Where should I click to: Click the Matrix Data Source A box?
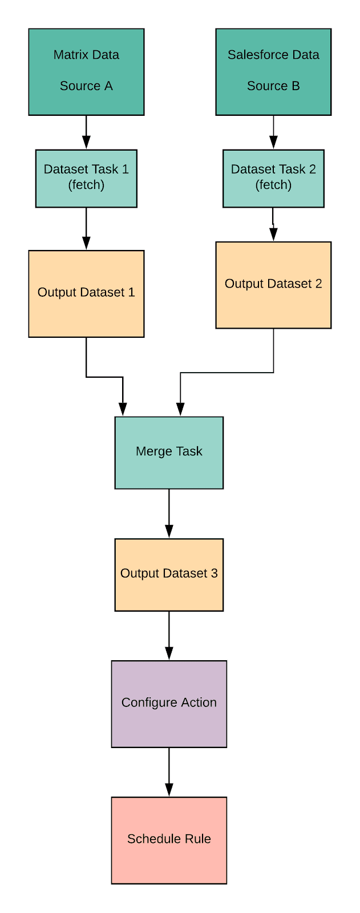pyautogui.click(x=86, y=72)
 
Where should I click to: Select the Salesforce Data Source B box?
pyautogui.click(x=273, y=72)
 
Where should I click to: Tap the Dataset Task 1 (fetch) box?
pyautogui.click(x=86, y=178)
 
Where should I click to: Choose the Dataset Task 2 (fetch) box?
pyautogui.click(x=273, y=178)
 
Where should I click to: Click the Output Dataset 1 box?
pyautogui.click(x=86, y=293)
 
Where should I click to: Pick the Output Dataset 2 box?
pyautogui.click(x=273, y=285)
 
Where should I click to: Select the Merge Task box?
pyautogui.click(x=169, y=453)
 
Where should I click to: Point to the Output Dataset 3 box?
pyautogui.click(x=169, y=575)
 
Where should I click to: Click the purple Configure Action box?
pyautogui.click(x=169, y=704)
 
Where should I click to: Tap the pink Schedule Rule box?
pyautogui.click(x=169, y=840)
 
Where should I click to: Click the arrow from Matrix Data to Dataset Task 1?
pyautogui.click(x=86, y=132)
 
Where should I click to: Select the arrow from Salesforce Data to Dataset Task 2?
pyautogui.click(x=273, y=132)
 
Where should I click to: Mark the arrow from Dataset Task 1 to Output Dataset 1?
pyautogui.click(x=86, y=228)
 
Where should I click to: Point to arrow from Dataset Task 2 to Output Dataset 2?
pyautogui.click(x=273, y=224)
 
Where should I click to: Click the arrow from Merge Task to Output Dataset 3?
pyautogui.click(x=169, y=514)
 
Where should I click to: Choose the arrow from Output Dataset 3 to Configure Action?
pyautogui.click(x=169, y=636)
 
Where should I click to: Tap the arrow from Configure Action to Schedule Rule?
pyautogui.click(x=169, y=772)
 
